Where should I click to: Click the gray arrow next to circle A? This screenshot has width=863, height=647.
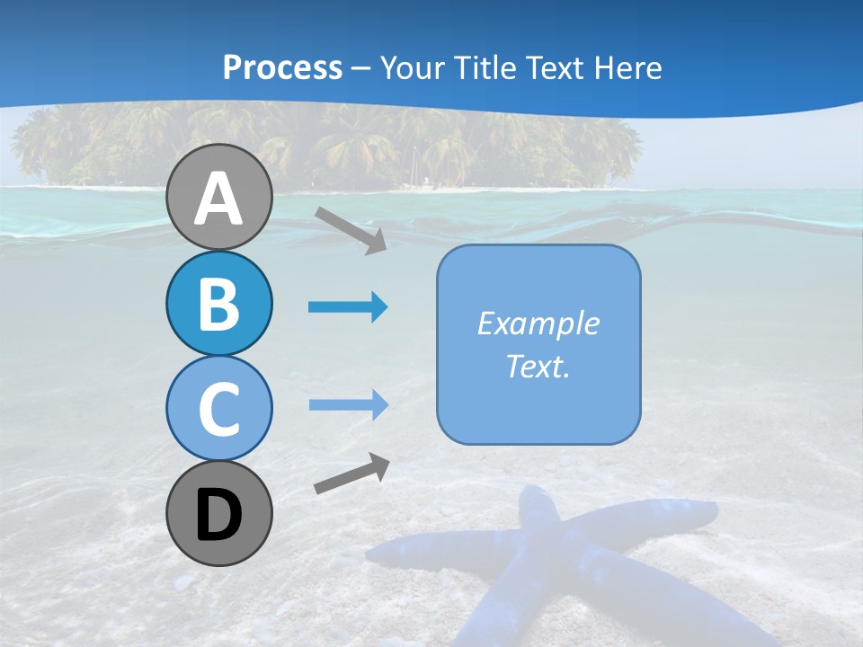coord(351,230)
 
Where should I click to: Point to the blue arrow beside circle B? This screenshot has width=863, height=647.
coord(348,307)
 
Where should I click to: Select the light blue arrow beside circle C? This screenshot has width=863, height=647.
coord(348,404)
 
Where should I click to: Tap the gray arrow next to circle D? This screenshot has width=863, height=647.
coord(351,474)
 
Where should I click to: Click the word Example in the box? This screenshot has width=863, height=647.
coord(538,323)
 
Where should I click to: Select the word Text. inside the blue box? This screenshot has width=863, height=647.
coord(538,367)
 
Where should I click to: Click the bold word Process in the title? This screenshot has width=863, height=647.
coord(282,67)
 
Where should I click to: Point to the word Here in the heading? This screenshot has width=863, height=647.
coord(629,68)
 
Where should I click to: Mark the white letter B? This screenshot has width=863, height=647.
coord(218,304)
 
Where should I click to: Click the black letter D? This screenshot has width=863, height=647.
coord(218,515)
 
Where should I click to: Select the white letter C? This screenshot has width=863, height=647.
coord(218,409)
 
